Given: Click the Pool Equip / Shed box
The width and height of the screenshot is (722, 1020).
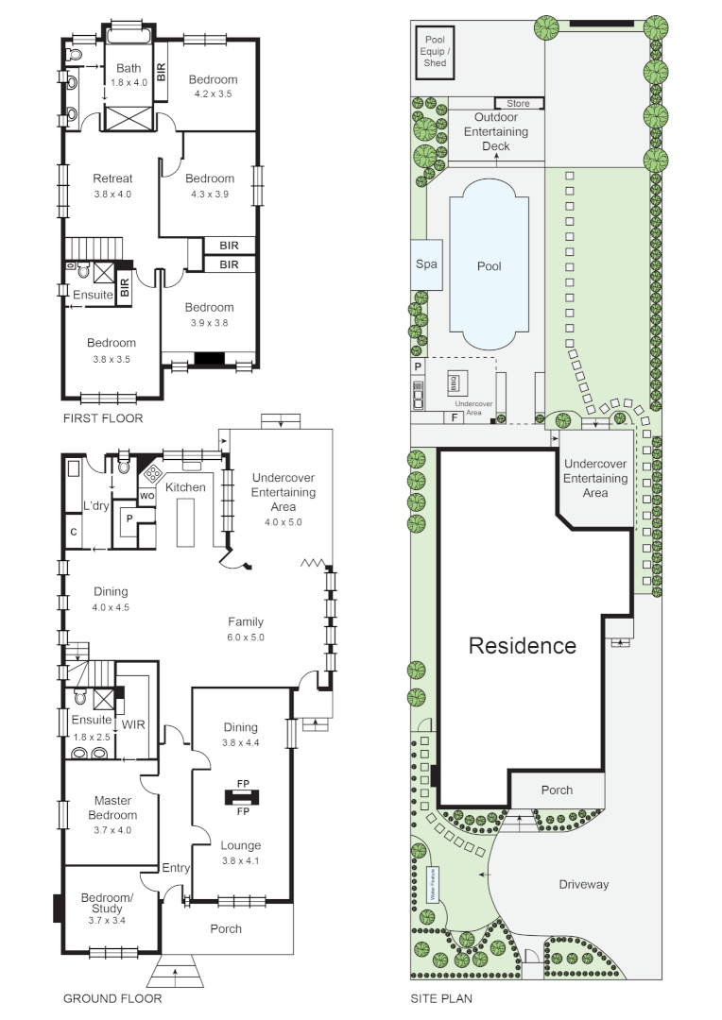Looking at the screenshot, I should click(436, 51).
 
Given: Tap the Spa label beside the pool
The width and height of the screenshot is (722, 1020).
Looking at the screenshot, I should click(426, 265).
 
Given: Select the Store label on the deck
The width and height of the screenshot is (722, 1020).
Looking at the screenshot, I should click(519, 103).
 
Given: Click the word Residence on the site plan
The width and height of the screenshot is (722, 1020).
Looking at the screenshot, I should click(523, 646).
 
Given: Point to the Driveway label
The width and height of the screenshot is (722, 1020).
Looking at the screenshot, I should click(583, 885).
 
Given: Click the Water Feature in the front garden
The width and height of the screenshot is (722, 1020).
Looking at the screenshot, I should click(436, 886).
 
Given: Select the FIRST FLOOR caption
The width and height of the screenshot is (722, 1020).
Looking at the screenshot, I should click(103, 418).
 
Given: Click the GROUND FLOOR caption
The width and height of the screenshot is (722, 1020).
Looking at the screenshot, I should click(112, 998).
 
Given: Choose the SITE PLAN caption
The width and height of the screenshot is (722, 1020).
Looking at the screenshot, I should click(441, 998).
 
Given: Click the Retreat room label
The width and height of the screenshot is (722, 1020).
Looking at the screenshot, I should click(112, 178).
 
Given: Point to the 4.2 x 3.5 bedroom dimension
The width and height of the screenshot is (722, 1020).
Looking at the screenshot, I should click(213, 94).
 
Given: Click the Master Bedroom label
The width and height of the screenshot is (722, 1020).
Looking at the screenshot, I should click(112, 807).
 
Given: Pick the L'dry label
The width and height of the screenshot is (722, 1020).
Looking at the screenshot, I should click(96, 506).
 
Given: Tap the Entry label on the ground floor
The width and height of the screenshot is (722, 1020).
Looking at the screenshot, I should click(175, 868).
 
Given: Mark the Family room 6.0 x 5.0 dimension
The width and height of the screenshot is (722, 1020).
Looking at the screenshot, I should click(246, 637).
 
